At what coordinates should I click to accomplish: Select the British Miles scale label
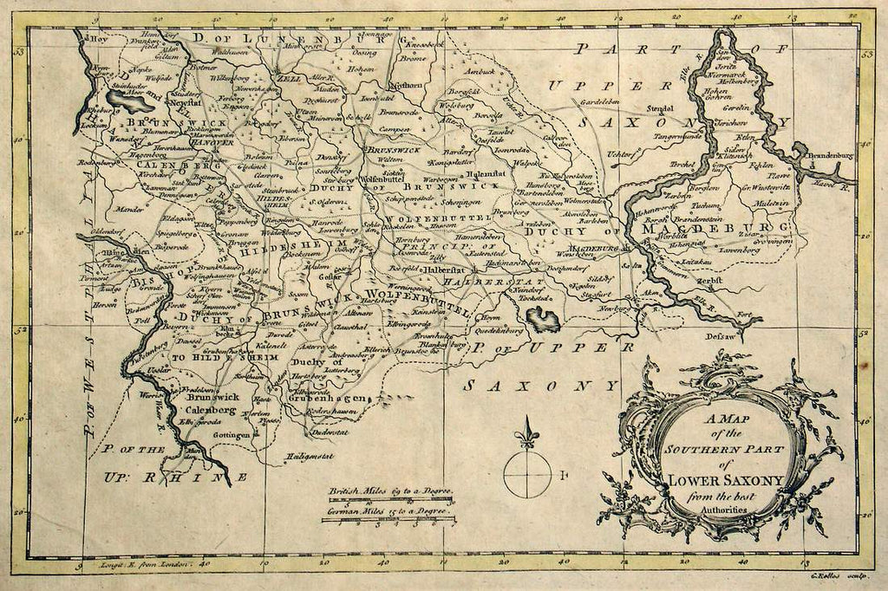pos(392,492)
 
